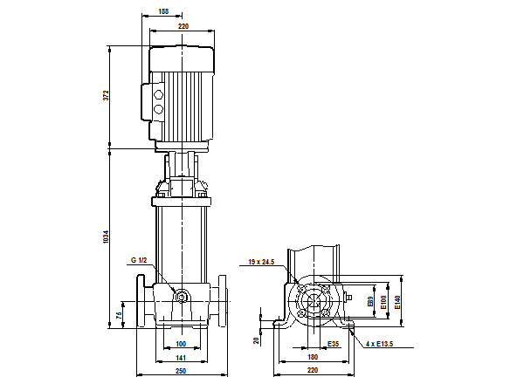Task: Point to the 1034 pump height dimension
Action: pyautogui.click(x=105, y=237)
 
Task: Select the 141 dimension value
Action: pyautogui.click(x=181, y=358)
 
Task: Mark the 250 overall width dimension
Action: pyautogui.click(x=181, y=374)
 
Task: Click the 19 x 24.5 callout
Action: pyautogui.click(x=261, y=262)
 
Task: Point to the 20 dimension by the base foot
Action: pyautogui.click(x=257, y=340)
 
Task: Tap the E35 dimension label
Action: pyautogui.click(x=334, y=344)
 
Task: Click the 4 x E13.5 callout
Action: pyautogui.click(x=380, y=344)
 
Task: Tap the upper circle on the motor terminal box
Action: pyautogui.click(x=158, y=92)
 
